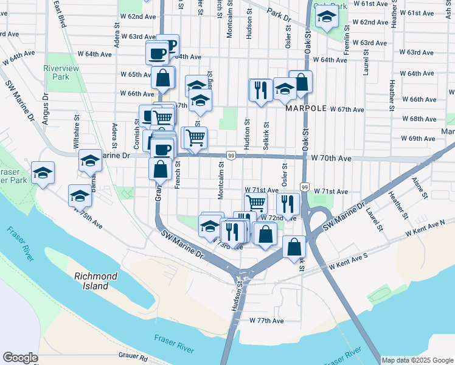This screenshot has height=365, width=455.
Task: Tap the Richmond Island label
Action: (96, 281)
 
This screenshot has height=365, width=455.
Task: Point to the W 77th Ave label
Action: (266, 321)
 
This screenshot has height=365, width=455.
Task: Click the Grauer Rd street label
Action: (133, 357)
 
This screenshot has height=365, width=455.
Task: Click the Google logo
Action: (20, 358)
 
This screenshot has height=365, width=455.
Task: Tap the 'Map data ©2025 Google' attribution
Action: (417, 360)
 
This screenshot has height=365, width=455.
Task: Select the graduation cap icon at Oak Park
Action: (327, 18)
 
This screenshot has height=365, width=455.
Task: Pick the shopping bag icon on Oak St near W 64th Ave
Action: (300, 82)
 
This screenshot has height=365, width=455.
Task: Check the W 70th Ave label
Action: (331, 158)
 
